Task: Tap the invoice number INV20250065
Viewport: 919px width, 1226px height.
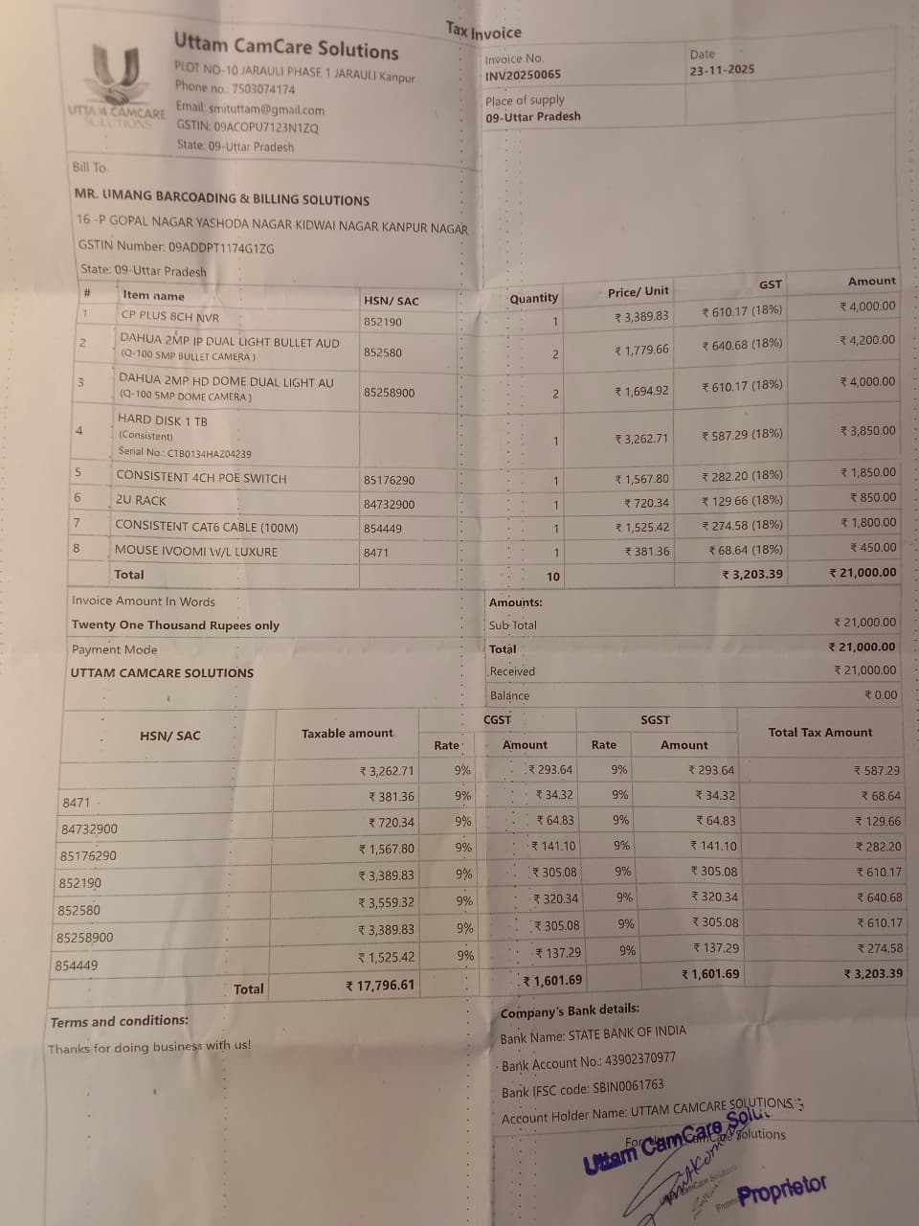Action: [x=523, y=76]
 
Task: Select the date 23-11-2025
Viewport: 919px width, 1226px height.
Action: [x=722, y=70]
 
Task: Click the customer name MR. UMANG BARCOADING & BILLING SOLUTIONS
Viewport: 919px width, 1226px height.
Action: [x=222, y=198]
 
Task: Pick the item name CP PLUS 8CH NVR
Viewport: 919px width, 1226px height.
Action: [x=169, y=316]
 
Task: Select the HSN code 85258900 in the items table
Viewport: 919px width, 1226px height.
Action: [x=389, y=393]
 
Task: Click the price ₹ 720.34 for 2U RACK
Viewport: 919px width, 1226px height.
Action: [x=646, y=503]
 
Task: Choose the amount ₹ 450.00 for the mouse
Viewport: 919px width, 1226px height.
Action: [x=873, y=548]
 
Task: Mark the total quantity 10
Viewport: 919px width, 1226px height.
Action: [x=553, y=577]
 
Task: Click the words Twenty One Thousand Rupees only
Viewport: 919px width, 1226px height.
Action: [x=175, y=625]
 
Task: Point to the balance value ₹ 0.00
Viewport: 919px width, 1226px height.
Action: [x=881, y=695]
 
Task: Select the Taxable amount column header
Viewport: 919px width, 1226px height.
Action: [x=347, y=734]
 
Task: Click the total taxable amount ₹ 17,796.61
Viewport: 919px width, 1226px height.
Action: [x=380, y=985]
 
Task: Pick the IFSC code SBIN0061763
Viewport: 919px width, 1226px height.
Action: [x=624, y=1086]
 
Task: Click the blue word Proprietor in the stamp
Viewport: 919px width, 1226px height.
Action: [x=782, y=1191]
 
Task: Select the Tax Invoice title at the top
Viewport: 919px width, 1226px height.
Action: [x=483, y=32]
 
